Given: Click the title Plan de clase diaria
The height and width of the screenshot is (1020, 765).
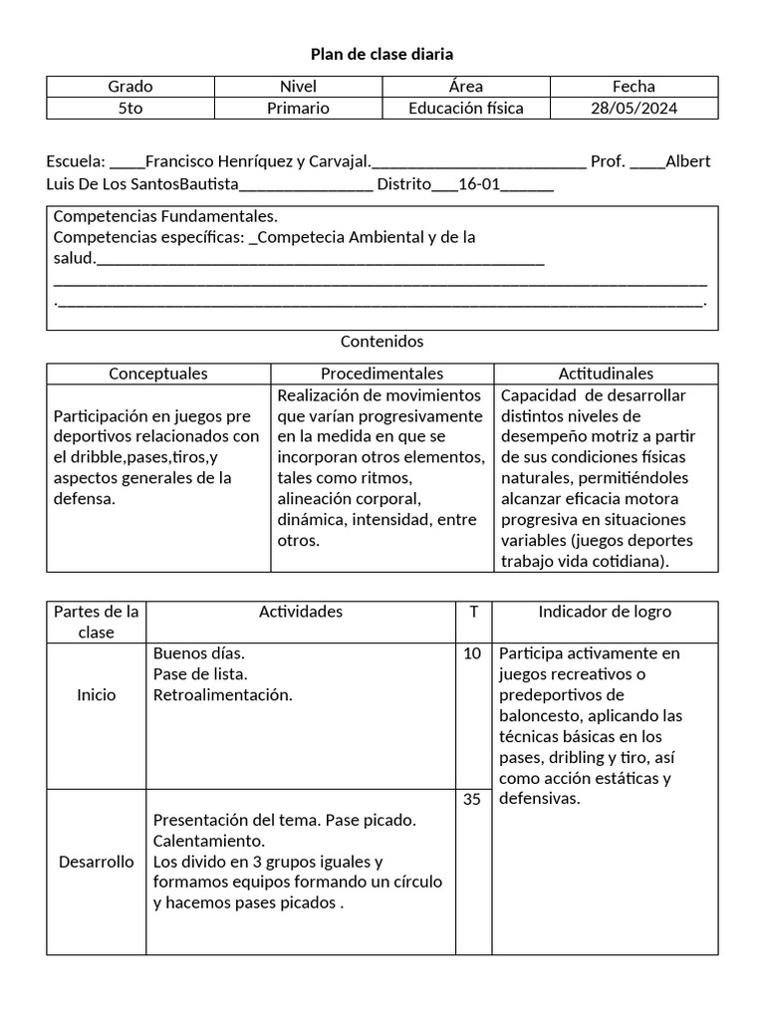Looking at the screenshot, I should (x=382, y=54).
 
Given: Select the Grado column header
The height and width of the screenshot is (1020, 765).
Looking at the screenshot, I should (x=130, y=87).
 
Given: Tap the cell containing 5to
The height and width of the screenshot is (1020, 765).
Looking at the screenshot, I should (x=130, y=109).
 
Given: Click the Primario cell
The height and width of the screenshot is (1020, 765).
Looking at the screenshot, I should (x=298, y=109).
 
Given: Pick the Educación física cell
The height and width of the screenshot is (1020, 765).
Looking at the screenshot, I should (x=465, y=109).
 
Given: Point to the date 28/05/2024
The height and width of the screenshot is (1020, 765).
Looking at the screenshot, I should (x=634, y=109).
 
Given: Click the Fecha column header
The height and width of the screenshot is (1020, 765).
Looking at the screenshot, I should (x=634, y=87).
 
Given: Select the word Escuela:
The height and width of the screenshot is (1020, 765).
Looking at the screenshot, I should (x=76, y=161).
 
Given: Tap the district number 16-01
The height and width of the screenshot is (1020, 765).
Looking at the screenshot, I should (x=482, y=184).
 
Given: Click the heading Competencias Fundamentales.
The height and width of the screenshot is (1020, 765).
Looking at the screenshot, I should (x=165, y=216).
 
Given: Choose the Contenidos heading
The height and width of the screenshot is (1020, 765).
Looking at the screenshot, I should (x=382, y=342).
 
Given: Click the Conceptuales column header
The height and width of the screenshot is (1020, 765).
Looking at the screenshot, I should (x=158, y=374).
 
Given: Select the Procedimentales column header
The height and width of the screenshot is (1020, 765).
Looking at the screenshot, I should (x=382, y=374).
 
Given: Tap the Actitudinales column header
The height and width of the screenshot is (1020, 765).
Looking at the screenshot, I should (x=606, y=374).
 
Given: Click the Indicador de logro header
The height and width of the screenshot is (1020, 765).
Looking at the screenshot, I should (x=605, y=612).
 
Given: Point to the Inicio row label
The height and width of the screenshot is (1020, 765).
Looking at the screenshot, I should (x=97, y=695).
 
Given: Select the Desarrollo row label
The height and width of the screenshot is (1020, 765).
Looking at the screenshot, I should (x=97, y=862).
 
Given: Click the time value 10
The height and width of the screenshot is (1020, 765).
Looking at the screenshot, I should (x=472, y=653).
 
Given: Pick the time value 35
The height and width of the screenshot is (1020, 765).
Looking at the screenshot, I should (x=472, y=799).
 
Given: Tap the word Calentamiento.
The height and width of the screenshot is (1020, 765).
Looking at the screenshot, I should (x=208, y=841).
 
